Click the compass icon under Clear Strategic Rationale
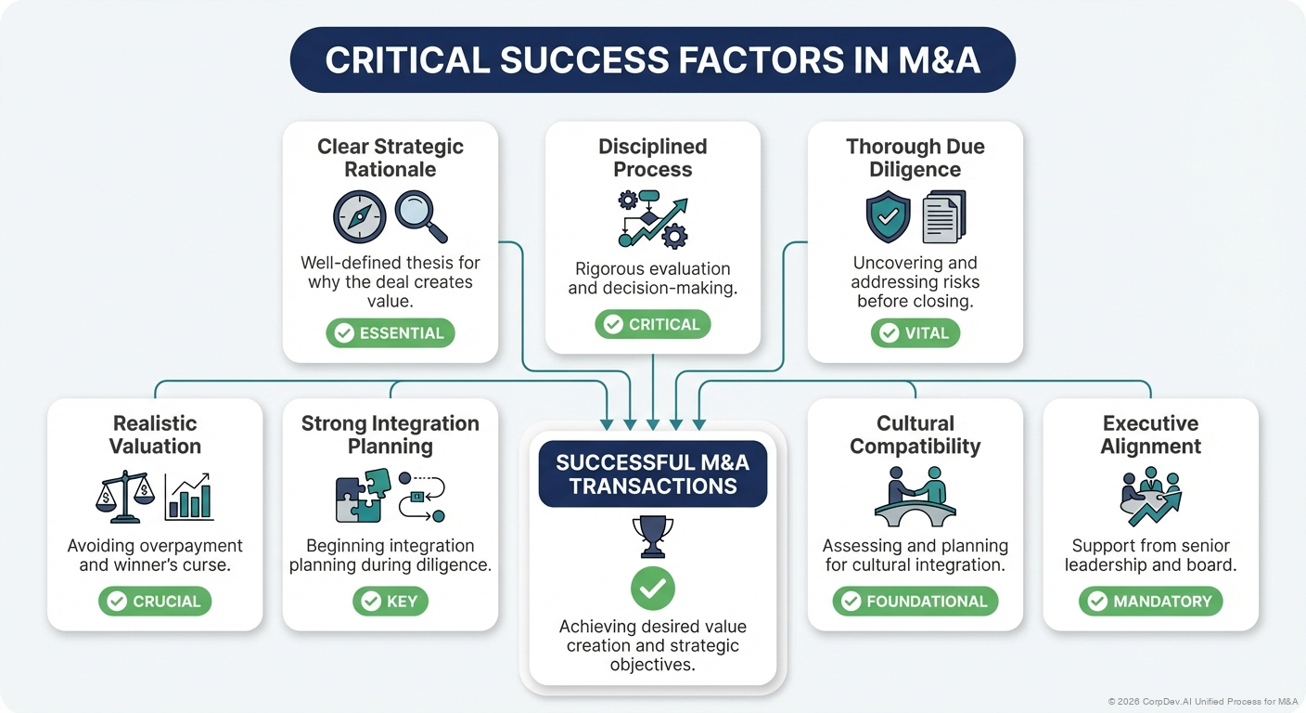(x=359, y=217)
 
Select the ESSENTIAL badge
(x=390, y=333)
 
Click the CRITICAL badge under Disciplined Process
(x=652, y=324)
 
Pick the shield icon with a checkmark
(x=887, y=217)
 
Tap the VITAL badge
(x=915, y=333)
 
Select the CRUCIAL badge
(x=155, y=602)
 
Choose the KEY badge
(x=390, y=602)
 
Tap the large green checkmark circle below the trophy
(x=652, y=588)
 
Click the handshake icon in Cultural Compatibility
(x=915, y=495)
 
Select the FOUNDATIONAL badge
(x=915, y=602)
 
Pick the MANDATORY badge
(x=1150, y=602)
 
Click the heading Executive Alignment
(x=1150, y=434)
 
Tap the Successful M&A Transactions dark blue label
(x=652, y=473)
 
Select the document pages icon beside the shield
(x=944, y=217)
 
